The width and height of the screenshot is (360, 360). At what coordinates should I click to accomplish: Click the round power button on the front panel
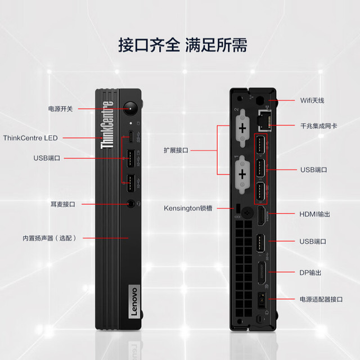[x=130, y=109]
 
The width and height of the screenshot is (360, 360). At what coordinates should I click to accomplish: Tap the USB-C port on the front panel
[x=130, y=137]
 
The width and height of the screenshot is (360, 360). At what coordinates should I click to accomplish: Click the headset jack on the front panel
[x=131, y=204]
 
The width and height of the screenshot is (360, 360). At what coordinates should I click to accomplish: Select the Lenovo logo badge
[x=134, y=301]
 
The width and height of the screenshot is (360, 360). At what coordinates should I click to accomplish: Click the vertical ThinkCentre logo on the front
[x=107, y=125]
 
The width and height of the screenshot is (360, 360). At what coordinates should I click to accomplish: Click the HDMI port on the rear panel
[x=262, y=216]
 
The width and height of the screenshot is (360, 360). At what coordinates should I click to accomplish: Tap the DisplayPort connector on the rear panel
[x=262, y=273]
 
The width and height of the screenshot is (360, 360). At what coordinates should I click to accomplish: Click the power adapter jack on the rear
[x=262, y=300]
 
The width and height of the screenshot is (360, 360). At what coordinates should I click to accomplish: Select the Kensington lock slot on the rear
[x=238, y=208]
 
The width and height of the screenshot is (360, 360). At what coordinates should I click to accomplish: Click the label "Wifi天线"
[x=312, y=101]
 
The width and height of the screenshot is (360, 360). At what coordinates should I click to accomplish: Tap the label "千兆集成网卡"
[x=319, y=126]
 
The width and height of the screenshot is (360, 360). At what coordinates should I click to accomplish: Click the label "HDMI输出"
[x=314, y=214]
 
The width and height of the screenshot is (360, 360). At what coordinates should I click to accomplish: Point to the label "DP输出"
[x=310, y=272]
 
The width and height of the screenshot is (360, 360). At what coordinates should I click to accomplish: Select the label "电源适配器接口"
[x=321, y=299]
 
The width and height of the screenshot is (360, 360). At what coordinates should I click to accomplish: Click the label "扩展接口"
[x=176, y=150]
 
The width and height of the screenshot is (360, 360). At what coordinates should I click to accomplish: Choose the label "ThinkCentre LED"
[x=30, y=138]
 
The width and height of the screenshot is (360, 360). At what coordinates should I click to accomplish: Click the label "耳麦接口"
[x=63, y=204]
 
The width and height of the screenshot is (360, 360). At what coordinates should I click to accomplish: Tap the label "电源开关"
[x=60, y=109]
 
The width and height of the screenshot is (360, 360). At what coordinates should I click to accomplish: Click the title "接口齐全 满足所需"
[x=183, y=45]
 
